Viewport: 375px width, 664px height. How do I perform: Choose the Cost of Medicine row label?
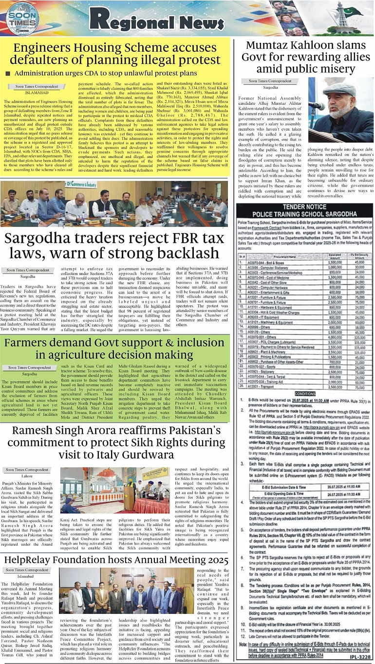[x=278, y=277]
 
